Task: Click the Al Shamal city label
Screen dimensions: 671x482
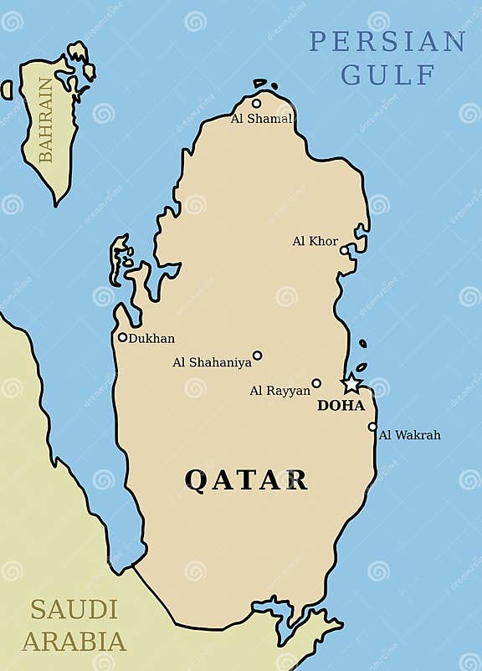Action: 261,119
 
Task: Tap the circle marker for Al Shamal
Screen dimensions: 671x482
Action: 256,104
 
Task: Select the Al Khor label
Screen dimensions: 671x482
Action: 315,241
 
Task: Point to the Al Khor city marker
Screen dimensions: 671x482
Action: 344,250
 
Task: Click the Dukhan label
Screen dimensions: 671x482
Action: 151,338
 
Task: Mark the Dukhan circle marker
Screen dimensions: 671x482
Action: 122,337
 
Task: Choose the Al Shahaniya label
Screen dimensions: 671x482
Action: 212,362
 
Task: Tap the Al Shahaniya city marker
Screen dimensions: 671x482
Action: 257,355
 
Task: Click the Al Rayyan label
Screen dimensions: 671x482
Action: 279,391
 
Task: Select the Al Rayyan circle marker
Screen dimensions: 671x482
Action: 316,383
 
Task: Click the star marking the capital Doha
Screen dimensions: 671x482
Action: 351,384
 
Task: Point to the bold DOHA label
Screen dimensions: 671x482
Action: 341,406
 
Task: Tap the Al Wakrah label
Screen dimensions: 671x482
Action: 409,435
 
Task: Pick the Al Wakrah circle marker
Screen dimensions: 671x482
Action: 372,427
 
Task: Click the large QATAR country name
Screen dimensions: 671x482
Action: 246,479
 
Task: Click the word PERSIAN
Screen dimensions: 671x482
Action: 387,41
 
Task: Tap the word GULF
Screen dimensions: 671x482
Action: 388,74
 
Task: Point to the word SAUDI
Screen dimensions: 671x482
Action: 74,609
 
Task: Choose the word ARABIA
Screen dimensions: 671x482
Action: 74,642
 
